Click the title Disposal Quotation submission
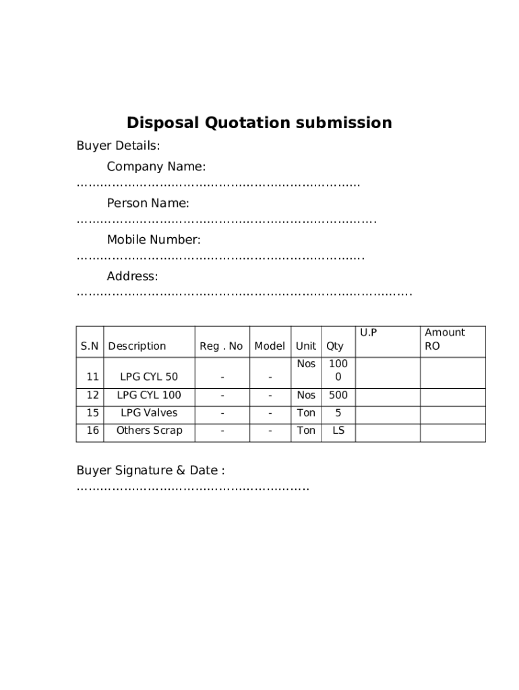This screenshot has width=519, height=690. coord(259,123)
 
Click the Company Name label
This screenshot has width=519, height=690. coord(156,166)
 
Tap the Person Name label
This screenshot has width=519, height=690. coord(148,203)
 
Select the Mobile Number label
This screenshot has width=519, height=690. coord(154,240)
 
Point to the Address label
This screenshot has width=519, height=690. coord(132,276)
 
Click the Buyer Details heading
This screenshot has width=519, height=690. coord(118,146)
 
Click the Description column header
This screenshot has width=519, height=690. coord(137,346)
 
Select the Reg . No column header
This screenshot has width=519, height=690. coord(221,346)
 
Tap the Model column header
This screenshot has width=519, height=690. coord(270,346)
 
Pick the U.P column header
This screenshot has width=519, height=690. coord(368,332)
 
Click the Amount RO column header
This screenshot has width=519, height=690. coord(444,339)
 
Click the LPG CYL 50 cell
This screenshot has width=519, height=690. coord(149,377)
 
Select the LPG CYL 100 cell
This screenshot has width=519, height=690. coord(149,395)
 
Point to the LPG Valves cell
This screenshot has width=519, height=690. coord(149,412)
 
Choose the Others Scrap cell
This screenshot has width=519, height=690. coord(149,431)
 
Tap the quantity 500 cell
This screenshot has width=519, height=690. coord(338,395)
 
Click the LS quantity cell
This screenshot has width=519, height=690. coord(338,431)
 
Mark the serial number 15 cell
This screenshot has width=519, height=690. coord(92,412)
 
